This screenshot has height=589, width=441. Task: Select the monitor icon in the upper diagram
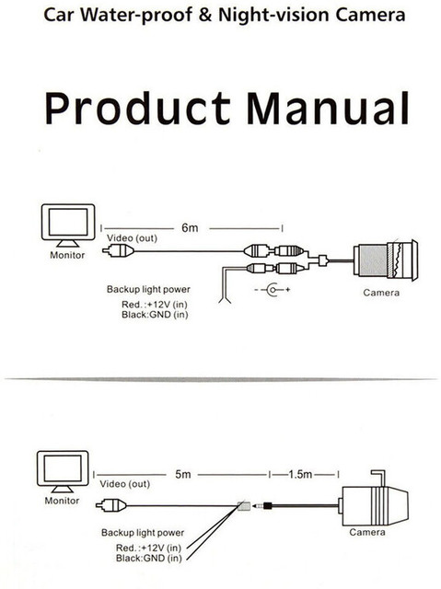[65, 225]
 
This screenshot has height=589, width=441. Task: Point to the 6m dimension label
[191, 226]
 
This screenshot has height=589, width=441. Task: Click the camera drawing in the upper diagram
[385, 260]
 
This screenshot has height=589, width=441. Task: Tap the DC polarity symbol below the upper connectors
[273, 292]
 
